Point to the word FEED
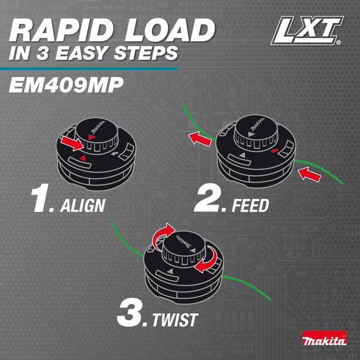tap(250, 206)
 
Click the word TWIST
tap(174, 319)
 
